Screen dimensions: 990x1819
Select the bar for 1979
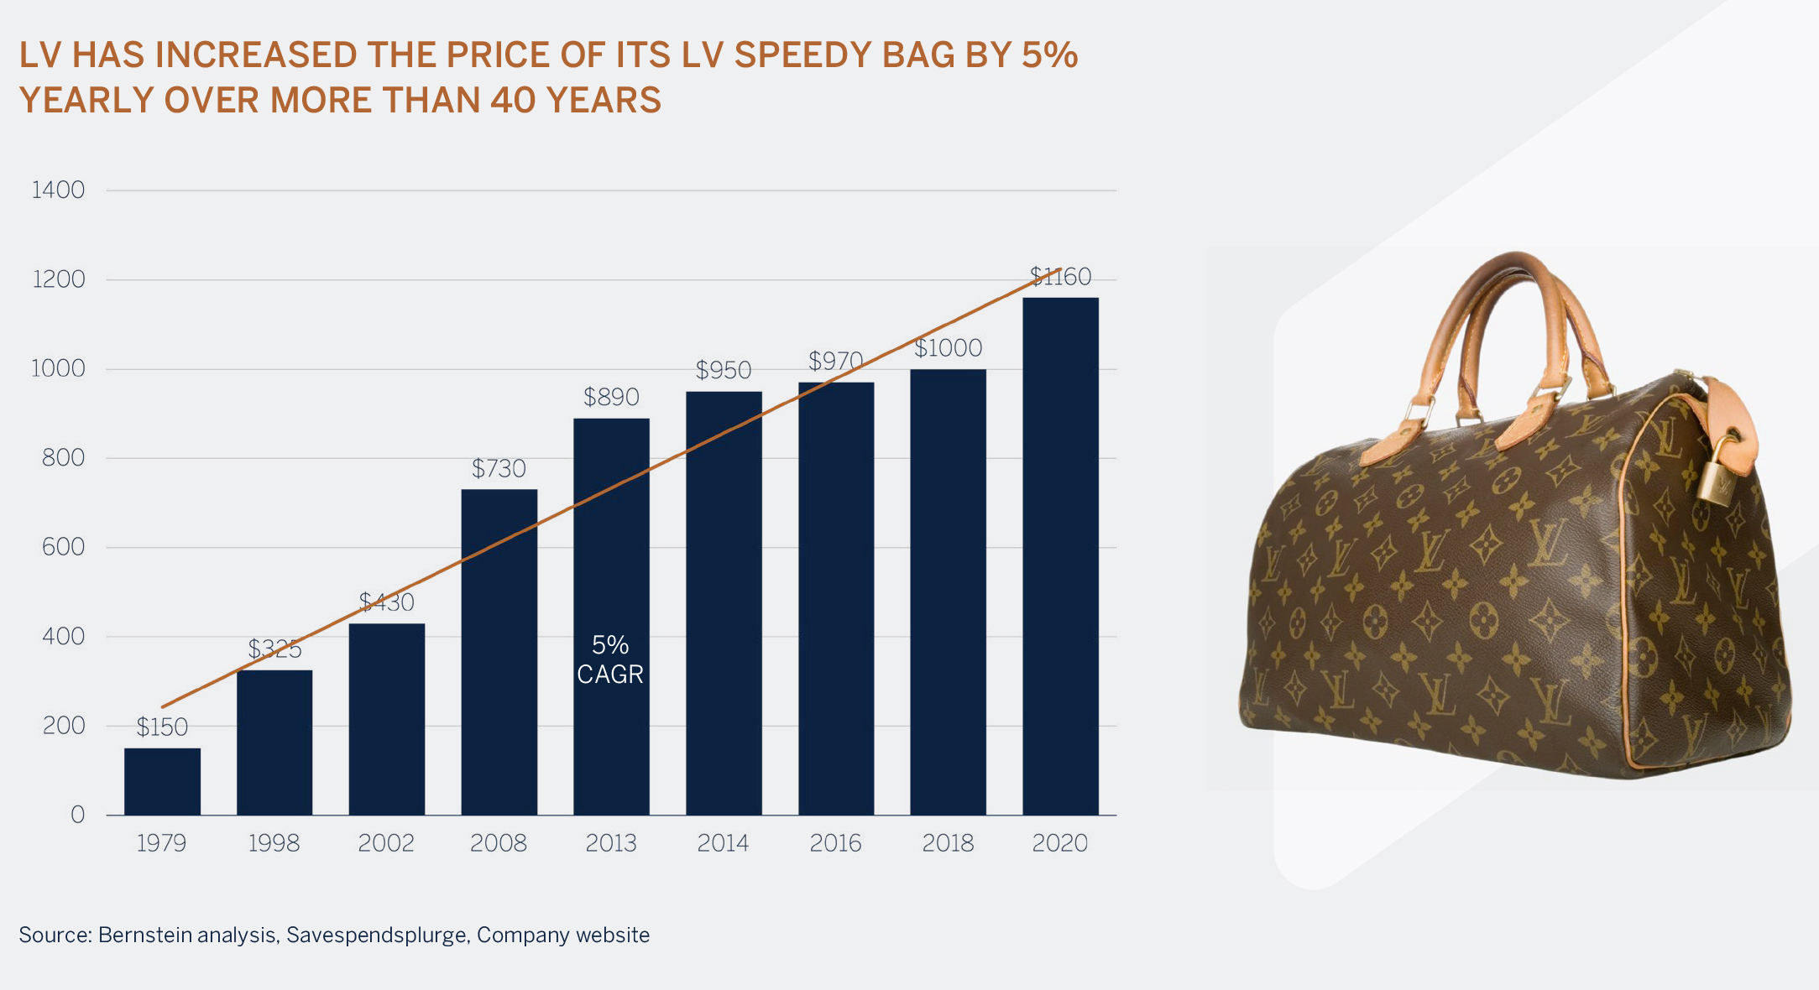pyautogui.click(x=162, y=781)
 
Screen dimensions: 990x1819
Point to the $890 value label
pyautogui.click(x=611, y=397)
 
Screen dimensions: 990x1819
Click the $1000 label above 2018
pyautogui.click(x=948, y=348)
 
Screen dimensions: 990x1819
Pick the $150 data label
pyautogui.click(x=162, y=727)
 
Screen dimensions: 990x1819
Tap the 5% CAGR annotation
pyautogui.click(x=610, y=659)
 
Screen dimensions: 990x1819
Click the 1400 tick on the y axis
pyautogui.click(x=58, y=190)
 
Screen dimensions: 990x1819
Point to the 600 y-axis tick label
pyautogui.click(x=63, y=547)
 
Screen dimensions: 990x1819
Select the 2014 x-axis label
pyautogui.click(x=723, y=843)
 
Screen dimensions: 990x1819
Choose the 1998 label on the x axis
pyautogui.click(x=274, y=843)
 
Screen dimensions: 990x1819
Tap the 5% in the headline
pyautogui.click(x=1049, y=55)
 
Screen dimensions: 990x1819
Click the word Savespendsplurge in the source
pyautogui.click(x=377, y=935)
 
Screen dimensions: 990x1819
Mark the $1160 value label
pyautogui.click(x=1060, y=277)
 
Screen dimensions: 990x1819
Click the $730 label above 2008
pyautogui.click(x=499, y=468)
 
